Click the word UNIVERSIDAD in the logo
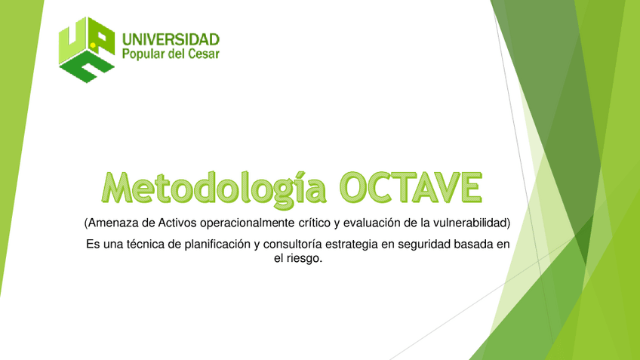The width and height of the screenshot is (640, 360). (171, 38)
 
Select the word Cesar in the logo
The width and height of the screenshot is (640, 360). (202, 54)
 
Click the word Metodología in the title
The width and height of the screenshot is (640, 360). (214, 186)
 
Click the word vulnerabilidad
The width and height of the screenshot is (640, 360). (474, 223)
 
